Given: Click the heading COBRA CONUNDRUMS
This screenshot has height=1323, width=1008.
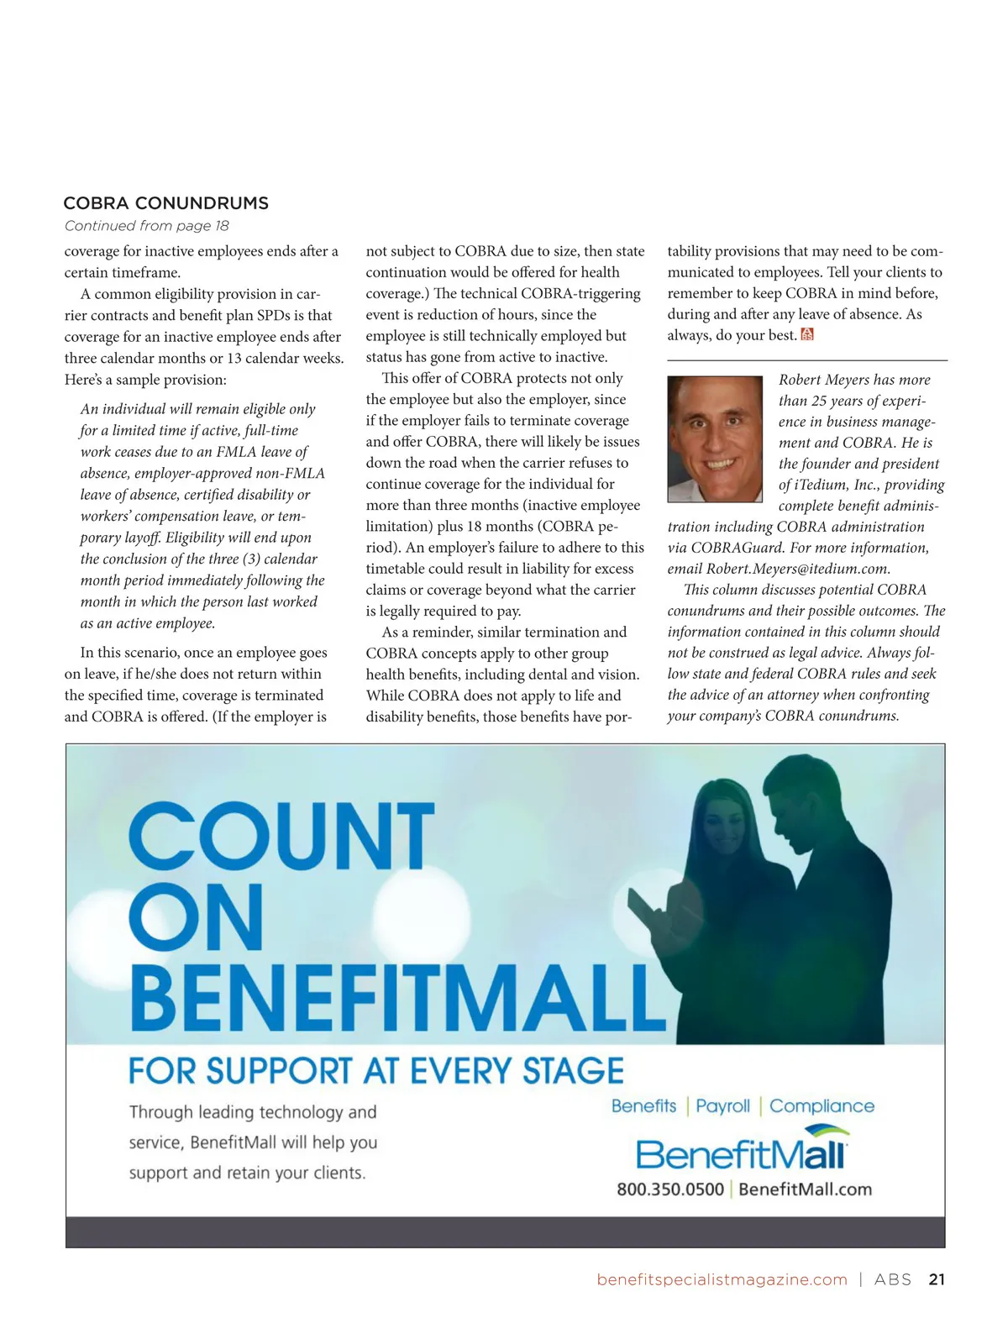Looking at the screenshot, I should [x=165, y=203].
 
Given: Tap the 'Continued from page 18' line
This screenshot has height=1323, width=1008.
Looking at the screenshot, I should [x=146, y=226].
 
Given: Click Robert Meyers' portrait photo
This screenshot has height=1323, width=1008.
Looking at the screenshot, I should [x=715, y=438].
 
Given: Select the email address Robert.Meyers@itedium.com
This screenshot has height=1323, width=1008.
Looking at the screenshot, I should [x=797, y=569].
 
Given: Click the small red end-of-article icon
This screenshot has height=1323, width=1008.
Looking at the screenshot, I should [x=807, y=335].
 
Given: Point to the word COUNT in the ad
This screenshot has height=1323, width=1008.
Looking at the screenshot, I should [x=281, y=837].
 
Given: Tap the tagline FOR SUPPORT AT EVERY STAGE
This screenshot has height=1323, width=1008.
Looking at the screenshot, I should [x=375, y=1071].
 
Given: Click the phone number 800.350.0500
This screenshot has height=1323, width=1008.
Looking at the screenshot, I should [x=669, y=1189].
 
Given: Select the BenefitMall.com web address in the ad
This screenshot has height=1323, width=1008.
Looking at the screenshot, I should [x=805, y=1189].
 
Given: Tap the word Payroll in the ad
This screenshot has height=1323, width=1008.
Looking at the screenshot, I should [x=722, y=1106].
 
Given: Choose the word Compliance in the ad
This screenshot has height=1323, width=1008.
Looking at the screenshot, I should [x=822, y=1106].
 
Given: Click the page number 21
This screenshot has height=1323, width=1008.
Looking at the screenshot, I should [x=937, y=1279].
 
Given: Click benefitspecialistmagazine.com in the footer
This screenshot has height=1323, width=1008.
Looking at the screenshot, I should [x=722, y=1279].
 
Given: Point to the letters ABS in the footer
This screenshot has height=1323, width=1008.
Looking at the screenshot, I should [x=892, y=1279].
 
